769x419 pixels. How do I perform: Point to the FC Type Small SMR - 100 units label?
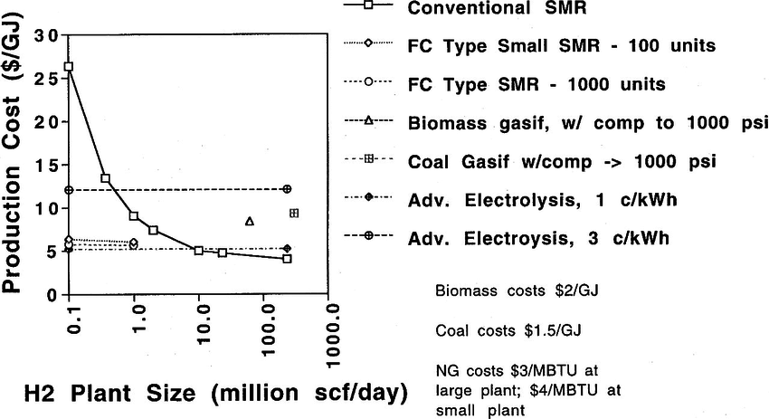tap(560, 46)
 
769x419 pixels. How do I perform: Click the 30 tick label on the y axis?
tap(46, 36)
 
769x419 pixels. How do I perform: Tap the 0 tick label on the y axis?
tap(52, 295)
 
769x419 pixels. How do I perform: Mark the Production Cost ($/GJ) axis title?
tap(15, 164)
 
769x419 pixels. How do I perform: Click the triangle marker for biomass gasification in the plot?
tap(250, 221)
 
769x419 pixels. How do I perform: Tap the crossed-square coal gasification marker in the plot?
tap(294, 214)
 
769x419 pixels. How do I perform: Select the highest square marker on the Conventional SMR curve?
tap(69, 66)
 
